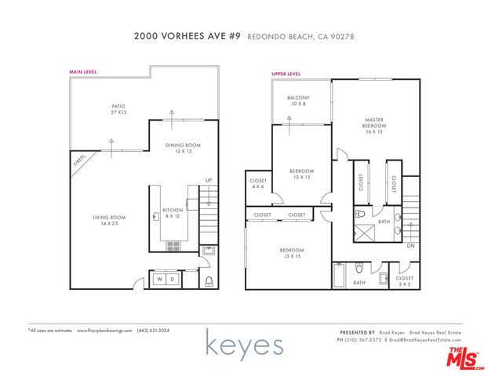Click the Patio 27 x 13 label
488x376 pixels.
pos(118,110)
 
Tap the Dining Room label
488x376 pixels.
pos(183,147)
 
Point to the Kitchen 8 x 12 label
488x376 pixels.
pos(173,213)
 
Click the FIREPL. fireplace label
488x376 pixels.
pos(79,160)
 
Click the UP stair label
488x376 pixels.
pos(209,180)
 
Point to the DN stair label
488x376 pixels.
pos(412,245)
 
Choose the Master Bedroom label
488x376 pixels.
pos(373,125)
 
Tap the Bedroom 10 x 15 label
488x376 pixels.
pos(301,174)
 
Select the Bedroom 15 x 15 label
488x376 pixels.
pos(292,253)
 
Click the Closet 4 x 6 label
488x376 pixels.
pos(258,183)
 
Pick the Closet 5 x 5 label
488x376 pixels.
pos(405,280)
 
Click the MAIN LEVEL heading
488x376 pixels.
pos(84,71)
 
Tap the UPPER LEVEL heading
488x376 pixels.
pos(286,74)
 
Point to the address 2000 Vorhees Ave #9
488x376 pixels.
pos(188,36)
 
